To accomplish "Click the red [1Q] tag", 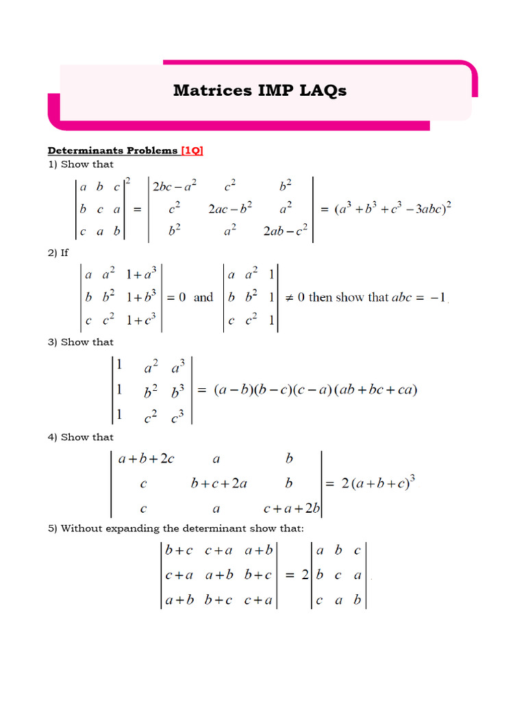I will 192,151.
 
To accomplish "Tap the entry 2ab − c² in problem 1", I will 287,232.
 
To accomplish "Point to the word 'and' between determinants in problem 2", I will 203,298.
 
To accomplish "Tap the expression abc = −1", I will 419,298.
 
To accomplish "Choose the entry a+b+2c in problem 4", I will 147,459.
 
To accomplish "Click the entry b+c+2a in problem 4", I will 218,483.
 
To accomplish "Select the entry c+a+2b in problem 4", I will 292,508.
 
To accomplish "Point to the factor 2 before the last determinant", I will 305,576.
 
